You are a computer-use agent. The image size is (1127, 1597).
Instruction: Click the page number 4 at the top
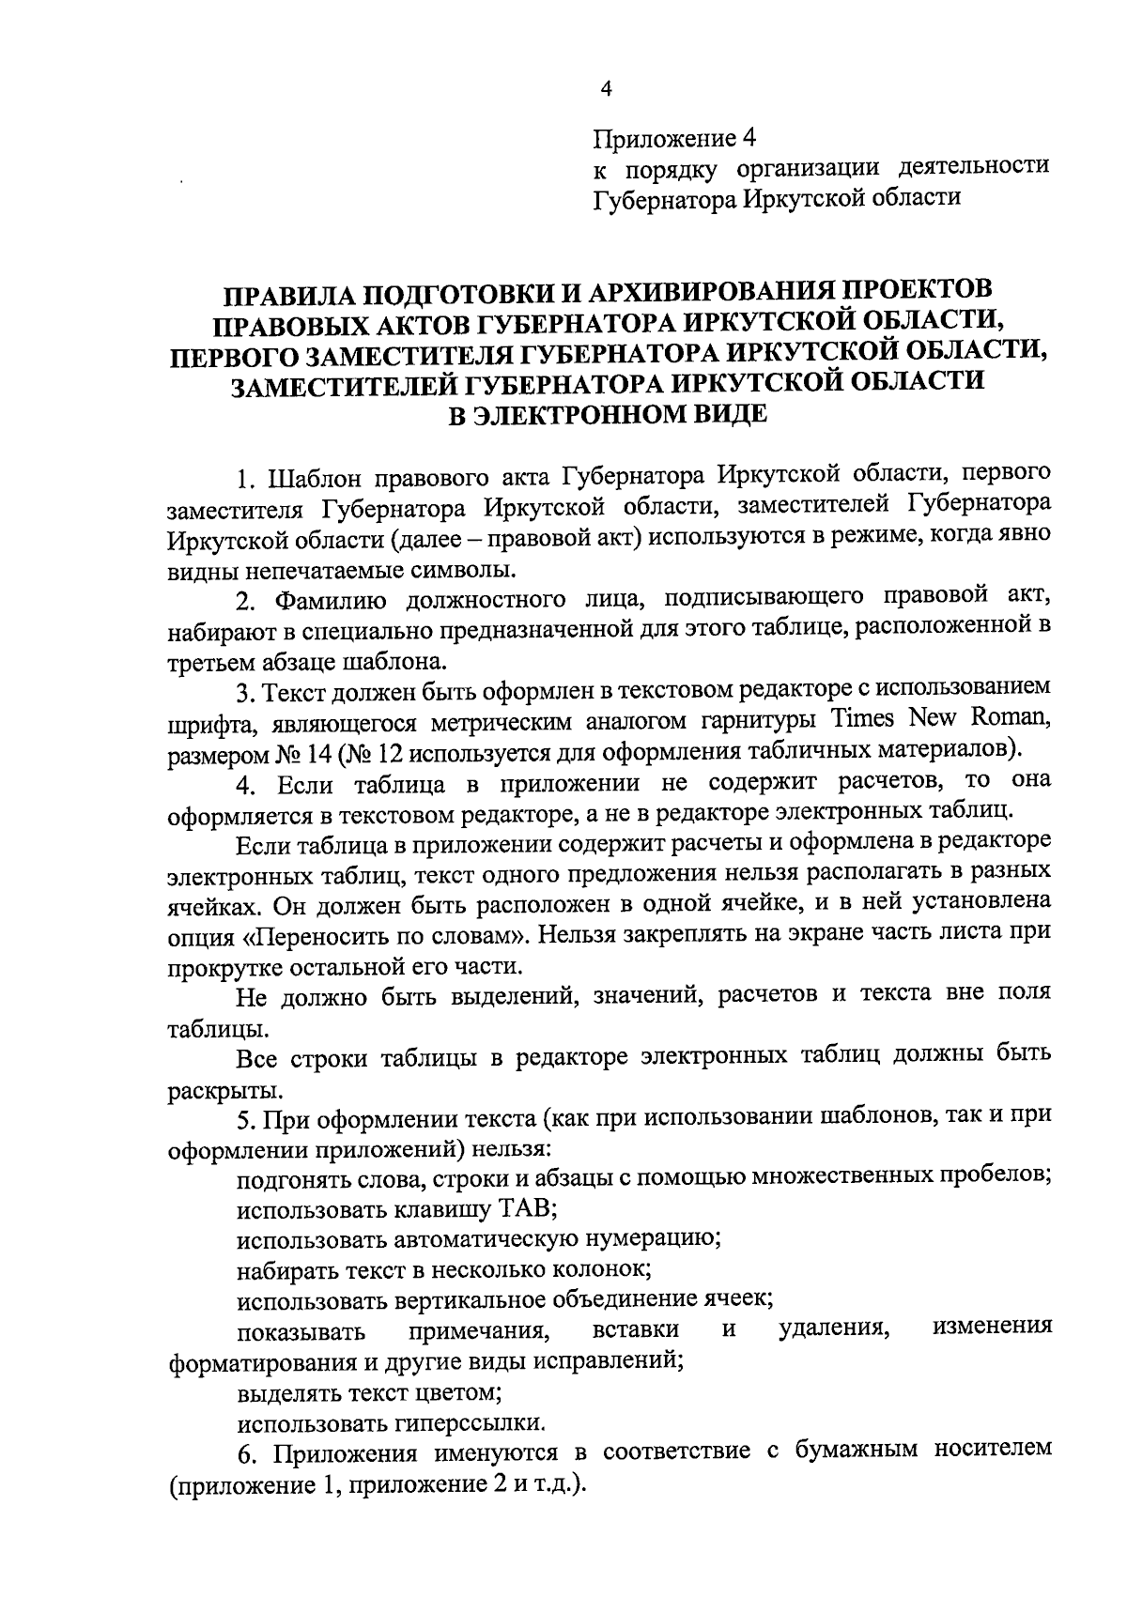606,89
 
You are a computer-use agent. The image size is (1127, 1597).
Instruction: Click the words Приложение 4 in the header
673,138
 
